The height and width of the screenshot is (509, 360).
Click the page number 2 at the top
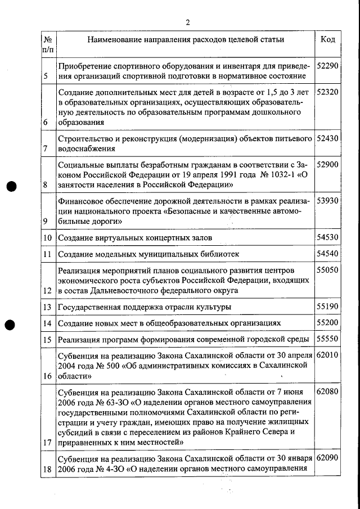pyautogui.click(x=187, y=22)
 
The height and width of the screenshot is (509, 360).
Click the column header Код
pyautogui.click(x=327, y=39)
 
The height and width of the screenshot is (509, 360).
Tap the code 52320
pyautogui.click(x=327, y=92)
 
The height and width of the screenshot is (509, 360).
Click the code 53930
pyautogui.click(x=327, y=201)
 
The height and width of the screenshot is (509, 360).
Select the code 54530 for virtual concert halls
pyautogui.click(x=327, y=237)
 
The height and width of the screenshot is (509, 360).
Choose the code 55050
pyautogui.click(x=327, y=271)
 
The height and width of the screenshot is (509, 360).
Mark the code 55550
pyautogui.click(x=327, y=340)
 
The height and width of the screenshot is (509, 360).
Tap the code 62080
pyautogui.click(x=327, y=391)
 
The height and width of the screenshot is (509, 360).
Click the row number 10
pyautogui.click(x=48, y=238)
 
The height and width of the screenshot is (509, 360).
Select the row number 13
pyautogui.click(x=48, y=307)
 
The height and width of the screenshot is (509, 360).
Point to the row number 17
pyautogui.click(x=48, y=442)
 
